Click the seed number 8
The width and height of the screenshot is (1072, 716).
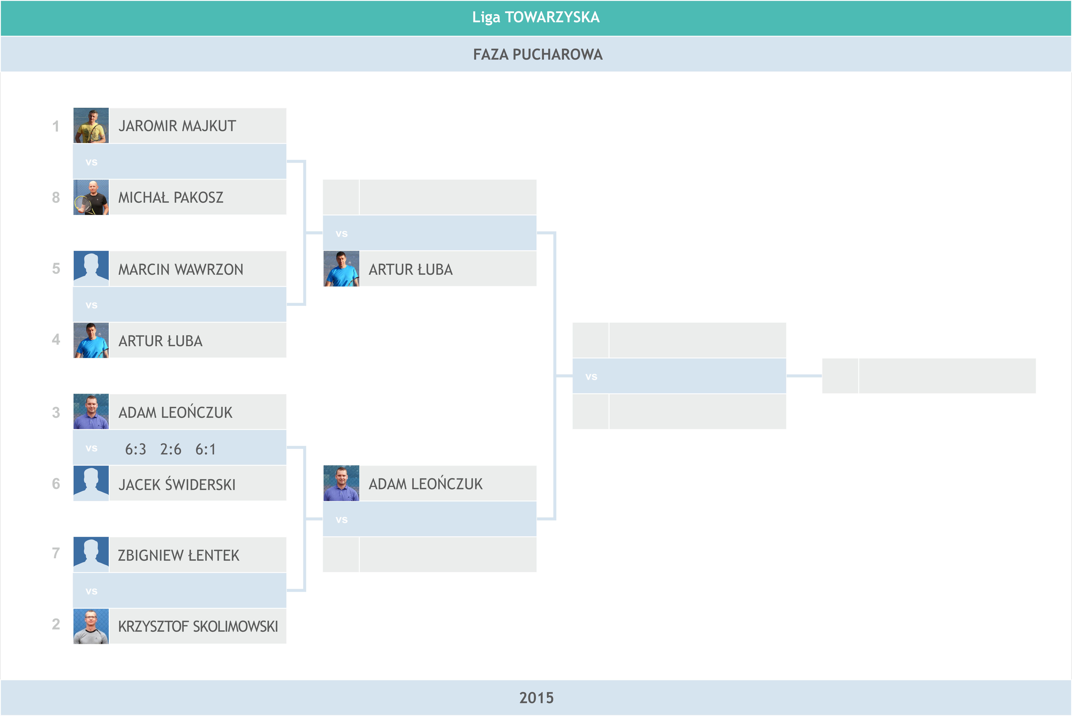(x=56, y=197)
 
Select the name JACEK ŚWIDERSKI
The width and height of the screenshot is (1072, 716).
(x=177, y=484)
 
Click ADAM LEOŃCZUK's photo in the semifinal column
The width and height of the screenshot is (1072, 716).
(x=341, y=483)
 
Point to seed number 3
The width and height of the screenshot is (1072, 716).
(x=56, y=412)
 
